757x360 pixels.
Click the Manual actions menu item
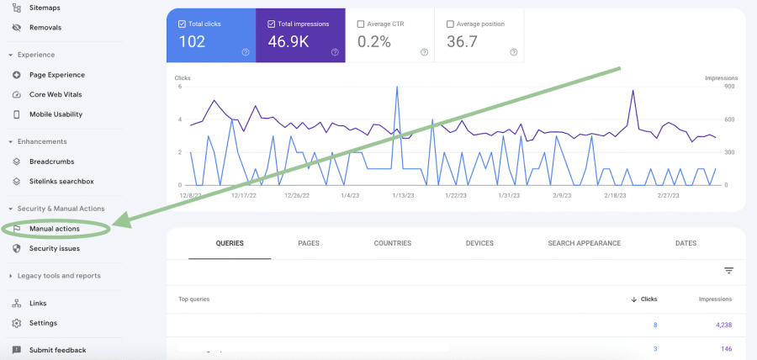(54, 229)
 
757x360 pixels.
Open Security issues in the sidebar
(54, 249)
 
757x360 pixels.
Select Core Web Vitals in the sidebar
(56, 94)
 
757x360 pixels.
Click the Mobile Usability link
(56, 114)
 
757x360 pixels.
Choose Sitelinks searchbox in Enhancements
(61, 181)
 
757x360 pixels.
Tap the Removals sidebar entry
(45, 27)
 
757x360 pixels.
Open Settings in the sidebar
(43, 323)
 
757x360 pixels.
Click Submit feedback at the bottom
(57, 350)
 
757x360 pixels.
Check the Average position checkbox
(450, 24)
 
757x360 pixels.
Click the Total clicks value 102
(192, 42)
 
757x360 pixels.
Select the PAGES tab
(308, 243)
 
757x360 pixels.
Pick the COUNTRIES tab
(393, 243)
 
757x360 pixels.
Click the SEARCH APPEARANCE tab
(584, 243)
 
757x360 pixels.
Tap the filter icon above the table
(728, 271)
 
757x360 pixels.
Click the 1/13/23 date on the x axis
(403, 195)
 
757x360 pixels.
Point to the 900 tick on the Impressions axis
(730, 86)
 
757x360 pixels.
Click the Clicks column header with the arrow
(644, 299)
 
